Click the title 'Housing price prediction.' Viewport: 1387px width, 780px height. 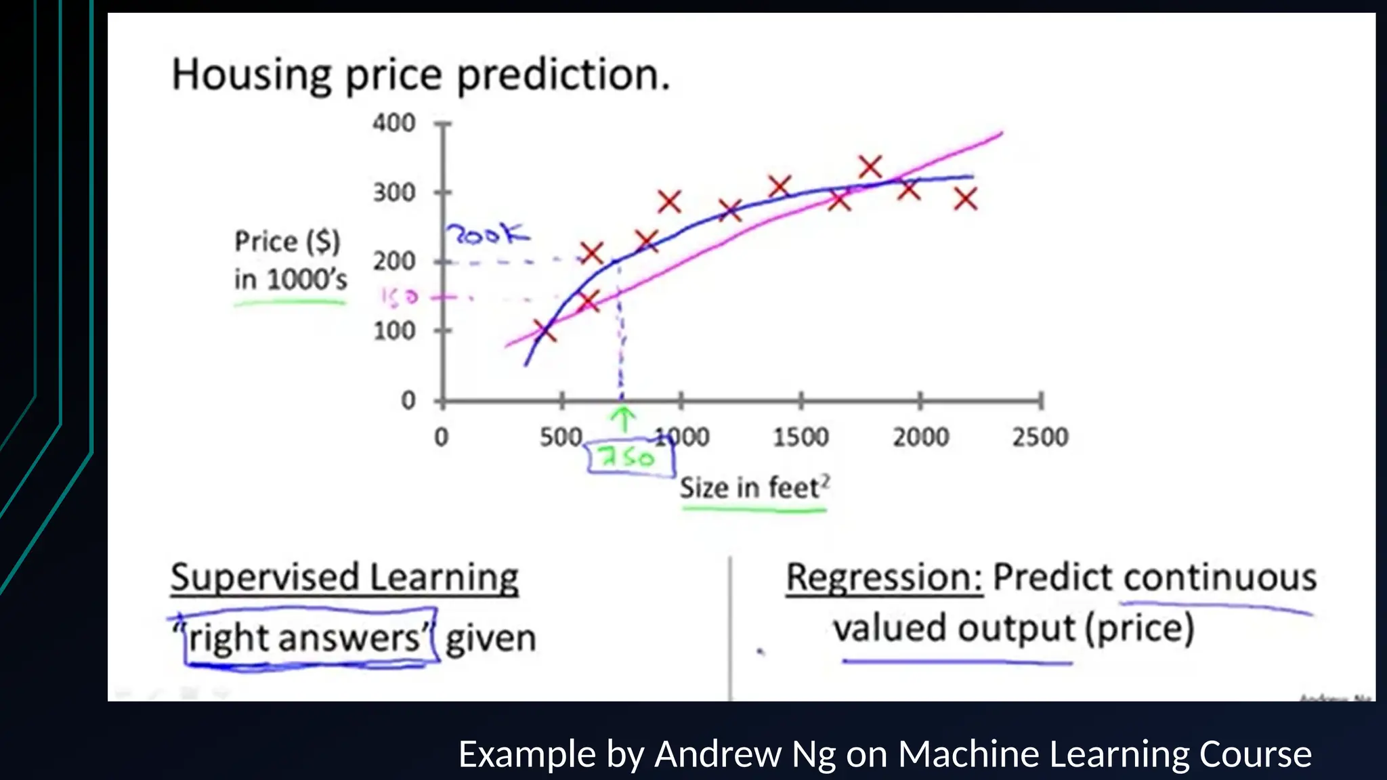point(420,75)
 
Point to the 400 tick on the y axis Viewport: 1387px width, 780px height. point(393,123)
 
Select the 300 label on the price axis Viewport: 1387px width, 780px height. point(393,193)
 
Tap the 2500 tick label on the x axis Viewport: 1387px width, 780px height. point(1040,437)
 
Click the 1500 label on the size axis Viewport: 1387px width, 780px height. point(801,437)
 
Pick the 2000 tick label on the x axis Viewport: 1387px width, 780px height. point(920,437)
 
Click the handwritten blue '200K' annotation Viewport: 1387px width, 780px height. point(488,235)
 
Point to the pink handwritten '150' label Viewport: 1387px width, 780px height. point(399,297)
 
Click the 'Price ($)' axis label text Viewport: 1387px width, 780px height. point(287,242)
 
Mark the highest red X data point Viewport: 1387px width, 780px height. point(870,167)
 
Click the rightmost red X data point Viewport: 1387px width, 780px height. point(966,199)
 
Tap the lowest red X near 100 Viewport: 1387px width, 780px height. point(545,331)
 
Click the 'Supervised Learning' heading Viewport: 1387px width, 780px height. point(344,578)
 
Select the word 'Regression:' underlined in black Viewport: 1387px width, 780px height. point(884,578)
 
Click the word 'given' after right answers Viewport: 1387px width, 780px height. point(490,638)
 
